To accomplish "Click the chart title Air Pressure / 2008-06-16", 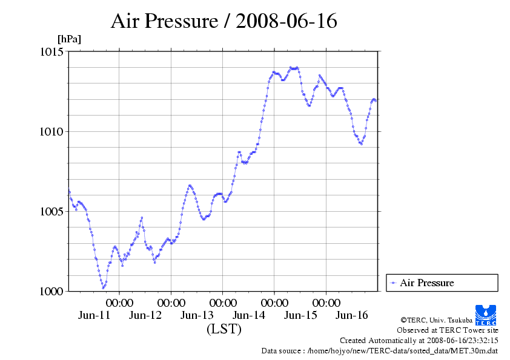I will [224, 21].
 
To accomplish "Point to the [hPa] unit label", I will [69, 39].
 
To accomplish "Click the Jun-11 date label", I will [94, 315].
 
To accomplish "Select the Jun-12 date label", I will [146, 315].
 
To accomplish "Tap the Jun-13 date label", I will [197, 315].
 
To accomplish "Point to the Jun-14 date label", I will [249, 315].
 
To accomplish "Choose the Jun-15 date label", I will [300, 315].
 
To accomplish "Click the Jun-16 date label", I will [352, 315].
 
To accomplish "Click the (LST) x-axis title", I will [224, 330].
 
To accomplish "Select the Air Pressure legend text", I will [426, 283].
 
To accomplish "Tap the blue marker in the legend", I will [393, 283].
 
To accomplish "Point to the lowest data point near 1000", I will [104, 287].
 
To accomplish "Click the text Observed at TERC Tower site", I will [448, 330].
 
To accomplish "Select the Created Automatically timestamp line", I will [419, 341].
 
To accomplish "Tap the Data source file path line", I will [380, 350].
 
